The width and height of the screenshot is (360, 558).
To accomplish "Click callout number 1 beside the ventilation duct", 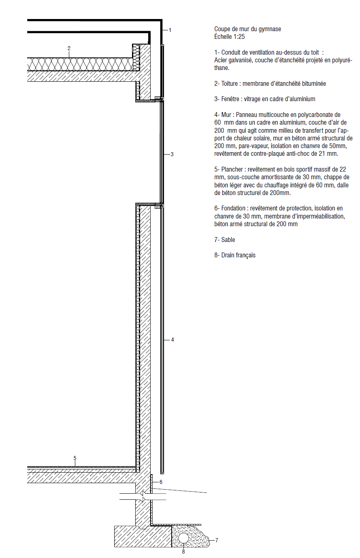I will coord(170,30).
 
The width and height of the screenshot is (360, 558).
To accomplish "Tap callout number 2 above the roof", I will coord(69,49).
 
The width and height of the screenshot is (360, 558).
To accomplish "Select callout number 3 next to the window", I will coord(172,154).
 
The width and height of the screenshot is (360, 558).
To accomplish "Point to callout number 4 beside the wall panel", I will coord(173,339).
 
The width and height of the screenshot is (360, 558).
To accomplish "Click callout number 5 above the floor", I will coord(75,458).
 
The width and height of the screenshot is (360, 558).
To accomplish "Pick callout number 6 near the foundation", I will coord(161,482).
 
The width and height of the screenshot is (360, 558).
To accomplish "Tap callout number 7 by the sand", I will coord(217,540).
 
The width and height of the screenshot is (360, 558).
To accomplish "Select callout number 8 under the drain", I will coord(183,552).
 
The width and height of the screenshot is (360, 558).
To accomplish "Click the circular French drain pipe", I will coord(183,538).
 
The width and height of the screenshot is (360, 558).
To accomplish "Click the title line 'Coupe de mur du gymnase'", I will coord(247,29).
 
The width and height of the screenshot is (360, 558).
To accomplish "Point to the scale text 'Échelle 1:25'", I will coord(230,37).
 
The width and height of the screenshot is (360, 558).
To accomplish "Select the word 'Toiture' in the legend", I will coord(230,84).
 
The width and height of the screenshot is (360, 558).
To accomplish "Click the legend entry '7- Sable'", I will coord(225,240).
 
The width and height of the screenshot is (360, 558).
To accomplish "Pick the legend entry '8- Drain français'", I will coord(235,255).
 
